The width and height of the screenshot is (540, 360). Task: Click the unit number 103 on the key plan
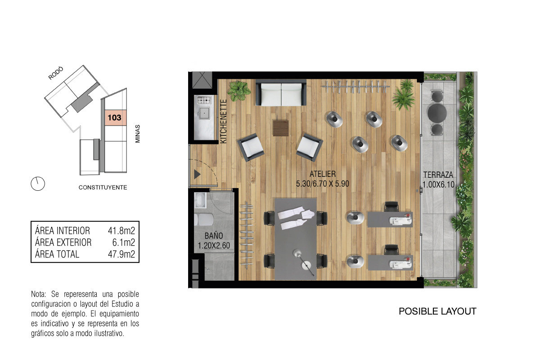pyautogui.click(x=114, y=117)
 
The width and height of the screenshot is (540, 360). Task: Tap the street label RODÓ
pyautogui.click(x=56, y=73)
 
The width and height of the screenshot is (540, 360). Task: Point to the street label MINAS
pyautogui.click(x=137, y=134)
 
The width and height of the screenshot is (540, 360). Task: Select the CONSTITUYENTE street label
pyautogui.click(x=103, y=187)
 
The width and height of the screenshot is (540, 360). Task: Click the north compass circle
pyautogui.click(x=38, y=184)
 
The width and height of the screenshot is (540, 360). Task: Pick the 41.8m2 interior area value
pyautogui.click(x=121, y=231)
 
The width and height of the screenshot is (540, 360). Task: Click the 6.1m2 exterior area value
pyautogui.click(x=123, y=243)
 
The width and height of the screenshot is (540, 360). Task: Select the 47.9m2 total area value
pyautogui.click(x=121, y=254)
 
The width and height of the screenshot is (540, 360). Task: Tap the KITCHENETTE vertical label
pyautogui.click(x=224, y=121)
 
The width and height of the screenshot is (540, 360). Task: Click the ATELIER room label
pyautogui.click(x=323, y=174)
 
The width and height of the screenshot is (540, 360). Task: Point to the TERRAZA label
pyautogui.click(x=438, y=175)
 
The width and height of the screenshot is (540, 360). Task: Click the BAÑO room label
pyautogui.click(x=214, y=236)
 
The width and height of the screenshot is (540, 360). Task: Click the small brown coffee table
pyautogui.click(x=281, y=128)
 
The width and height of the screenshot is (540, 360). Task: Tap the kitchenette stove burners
pyautogui.click(x=204, y=100)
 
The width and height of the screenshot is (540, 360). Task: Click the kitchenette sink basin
pyautogui.click(x=204, y=113)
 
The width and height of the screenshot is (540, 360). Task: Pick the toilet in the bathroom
pyautogui.click(x=204, y=220)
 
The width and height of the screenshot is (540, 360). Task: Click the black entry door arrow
pyautogui.click(x=197, y=174)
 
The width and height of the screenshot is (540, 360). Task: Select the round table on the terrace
pyautogui.click(x=437, y=113)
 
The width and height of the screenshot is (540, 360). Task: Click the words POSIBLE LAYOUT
pyautogui.click(x=437, y=311)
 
